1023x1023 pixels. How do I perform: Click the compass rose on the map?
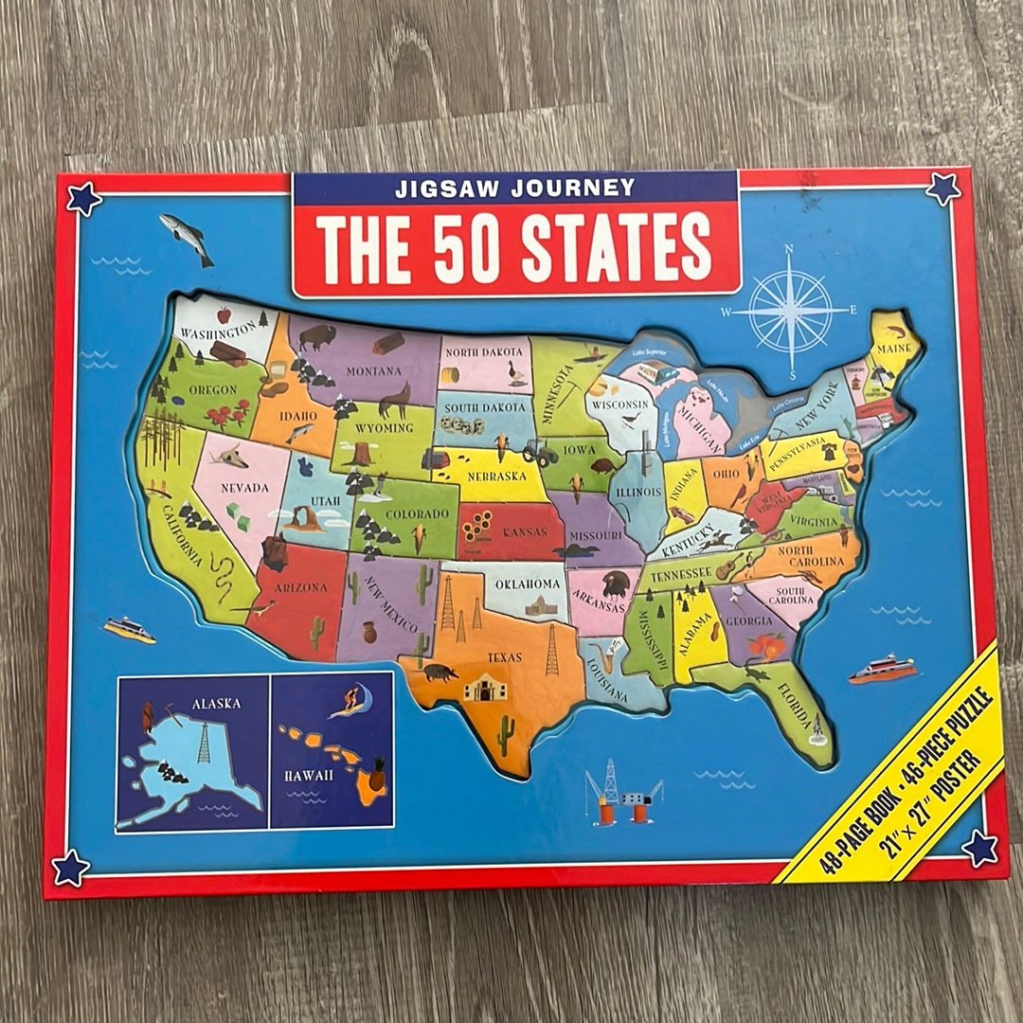point(789,309)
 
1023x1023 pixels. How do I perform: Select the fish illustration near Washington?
point(186,238)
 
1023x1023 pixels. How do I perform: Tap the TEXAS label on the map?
point(504,656)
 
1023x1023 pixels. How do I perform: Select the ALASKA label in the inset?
point(216,704)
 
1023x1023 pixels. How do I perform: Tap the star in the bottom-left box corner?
point(70,867)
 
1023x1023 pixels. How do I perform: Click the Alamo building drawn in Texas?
point(484,687)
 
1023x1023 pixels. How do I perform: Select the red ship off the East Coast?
point(881,670)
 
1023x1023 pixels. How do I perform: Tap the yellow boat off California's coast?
point(129,630)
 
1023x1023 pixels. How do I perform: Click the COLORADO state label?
point(416,514)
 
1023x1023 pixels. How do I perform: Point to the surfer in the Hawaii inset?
point(348,703)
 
